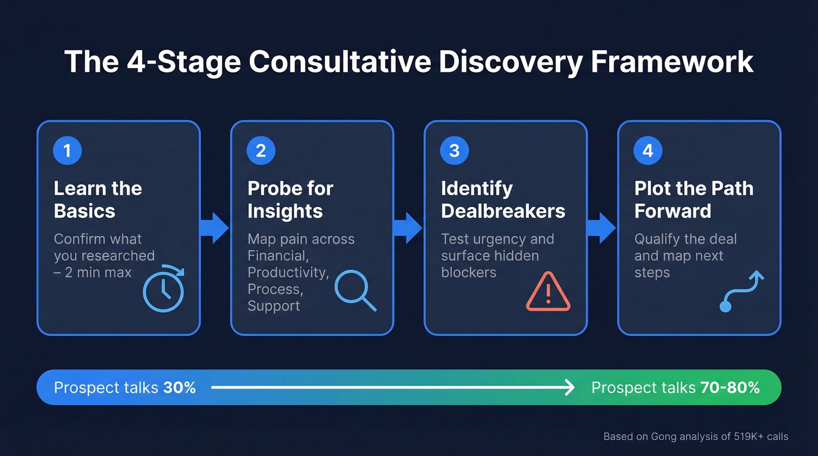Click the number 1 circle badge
click(x=67, y=151)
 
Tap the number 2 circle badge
click(x=261, y=151)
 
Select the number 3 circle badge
click(x=454, y=151)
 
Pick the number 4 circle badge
click(x=647, y=151)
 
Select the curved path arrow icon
click(x=741, y=291)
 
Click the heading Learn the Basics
click(x=98, y=199)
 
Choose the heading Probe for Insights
click(x=290, y=199)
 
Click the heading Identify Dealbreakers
click(x=502, y=199)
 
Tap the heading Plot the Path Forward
click(x=694, y=199)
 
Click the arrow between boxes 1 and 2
click(x=214, y=228)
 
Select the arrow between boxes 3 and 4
click(x=601, y=228)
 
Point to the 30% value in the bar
click(x=180, y=388)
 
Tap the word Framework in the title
click(x=672, y=62)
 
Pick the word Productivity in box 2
click(x=288, y=272)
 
